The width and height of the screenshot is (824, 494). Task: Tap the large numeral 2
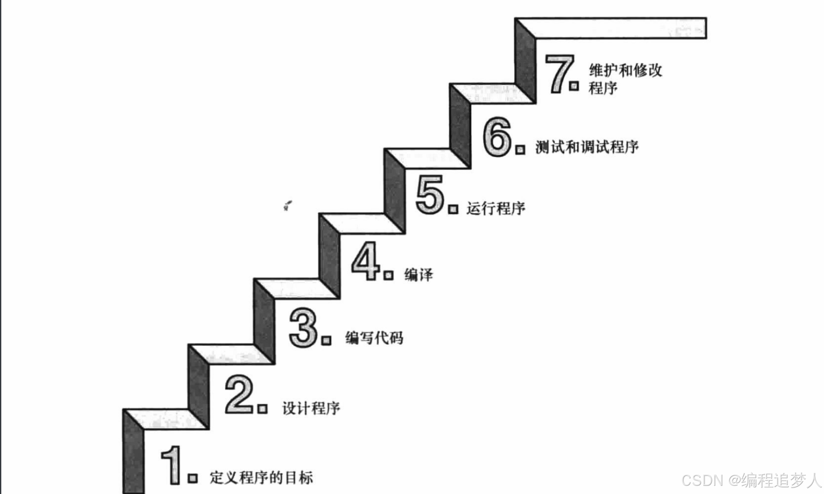239,394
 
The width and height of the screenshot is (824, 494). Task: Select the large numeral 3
303,327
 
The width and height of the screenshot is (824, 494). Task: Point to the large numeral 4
365,261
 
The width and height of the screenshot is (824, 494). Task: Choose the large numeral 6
497,136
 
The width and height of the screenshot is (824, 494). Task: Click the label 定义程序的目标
261,478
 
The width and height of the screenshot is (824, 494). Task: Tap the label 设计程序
311,408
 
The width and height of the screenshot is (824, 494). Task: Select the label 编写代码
374,338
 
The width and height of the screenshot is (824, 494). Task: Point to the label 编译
418,275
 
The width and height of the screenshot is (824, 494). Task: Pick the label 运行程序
495,209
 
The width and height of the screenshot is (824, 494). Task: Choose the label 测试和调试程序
587,147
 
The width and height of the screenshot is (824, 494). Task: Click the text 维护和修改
625,70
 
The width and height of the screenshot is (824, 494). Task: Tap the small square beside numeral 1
192,478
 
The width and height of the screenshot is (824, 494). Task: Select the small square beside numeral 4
388,275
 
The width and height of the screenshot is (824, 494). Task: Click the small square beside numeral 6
520,149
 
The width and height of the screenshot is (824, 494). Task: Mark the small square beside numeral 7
574,86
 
